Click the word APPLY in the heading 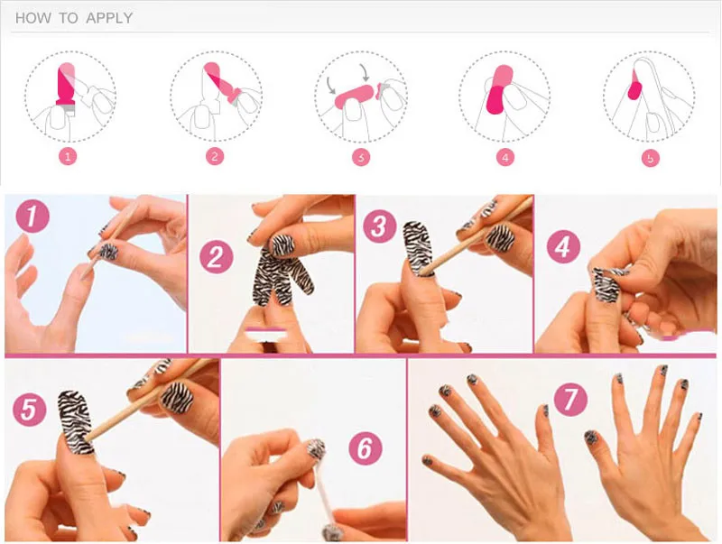pyautogui.click(x=109, y=18)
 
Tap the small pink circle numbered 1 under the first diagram pyautogui.click(x=68, y=157)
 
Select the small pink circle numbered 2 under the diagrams pyautogui.click(x=215, y=157)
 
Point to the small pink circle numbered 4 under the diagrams pyautogui.click(x=505, y=158)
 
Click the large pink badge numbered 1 pyautogui.click(x=32, y=217)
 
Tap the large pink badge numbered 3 pyautogui.click(x=379, y=226)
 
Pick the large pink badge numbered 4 pyautogui.click(x=563, y=246)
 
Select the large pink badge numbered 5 pyautogui.click(x=30, y=410)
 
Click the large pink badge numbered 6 pyautogui.click(x=366, y=447)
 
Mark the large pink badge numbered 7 pyautogui.click(x=570, y=400)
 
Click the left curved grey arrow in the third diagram pyautogui.click(x=331, y=85)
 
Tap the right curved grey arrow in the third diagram pyautogui.click(x=365, y=72)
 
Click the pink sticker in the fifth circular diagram pyautogui.click(x=634, y=89)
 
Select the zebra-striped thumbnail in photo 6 pyautogui.click(x=316, y=449)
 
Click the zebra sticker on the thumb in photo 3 pyautogui.click(x=418, y=248)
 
